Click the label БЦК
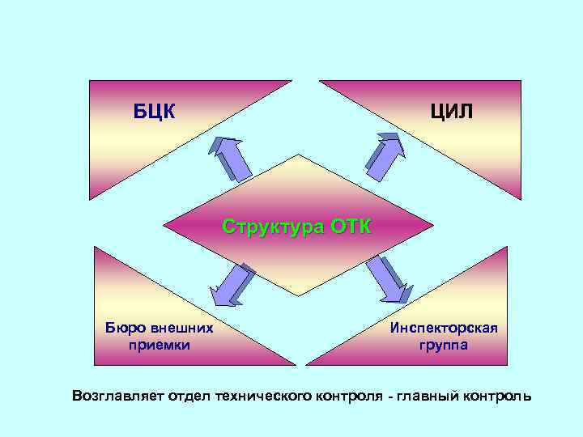[155, 111]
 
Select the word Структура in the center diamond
[273, 226]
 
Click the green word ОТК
[351, 226]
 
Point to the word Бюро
[124, 328]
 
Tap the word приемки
[160, 345]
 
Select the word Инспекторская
[443, 328]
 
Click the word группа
[443, 345]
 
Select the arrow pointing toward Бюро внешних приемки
[233, 285]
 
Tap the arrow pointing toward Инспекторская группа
[387, 281]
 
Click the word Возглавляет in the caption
[117, 396]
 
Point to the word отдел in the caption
[189, 396]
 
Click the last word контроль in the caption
[498, 396]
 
